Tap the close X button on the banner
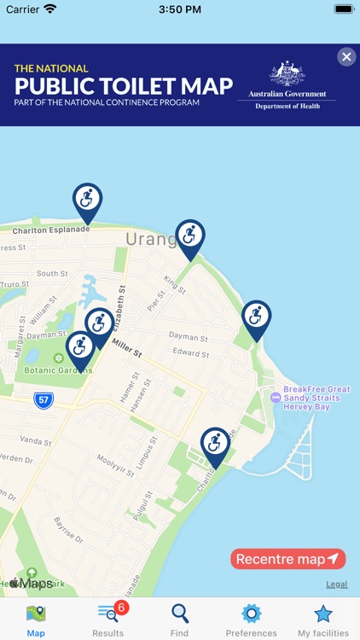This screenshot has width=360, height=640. [x=346, y=57]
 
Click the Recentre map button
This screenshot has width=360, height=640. [x=287, y=559]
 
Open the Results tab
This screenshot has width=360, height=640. [x=108, y=620]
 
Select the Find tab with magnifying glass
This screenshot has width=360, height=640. [x=179, y=620]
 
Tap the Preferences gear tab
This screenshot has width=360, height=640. [x=251, y=620]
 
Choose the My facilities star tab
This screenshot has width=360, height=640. [x=322, y=620]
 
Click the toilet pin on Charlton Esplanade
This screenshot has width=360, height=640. [x=87, y=201]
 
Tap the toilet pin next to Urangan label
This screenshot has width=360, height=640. [x=190, y=236]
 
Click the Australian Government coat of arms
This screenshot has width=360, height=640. [x=287, y=75]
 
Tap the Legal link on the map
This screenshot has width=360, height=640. [x=336, y=585]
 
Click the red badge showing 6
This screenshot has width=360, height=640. [x=121, y=608]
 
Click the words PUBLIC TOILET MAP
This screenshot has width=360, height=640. [x=124, y=86]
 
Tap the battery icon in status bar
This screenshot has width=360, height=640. [x=344, y=9]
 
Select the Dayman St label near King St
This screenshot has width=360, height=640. [x=189, y=338]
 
